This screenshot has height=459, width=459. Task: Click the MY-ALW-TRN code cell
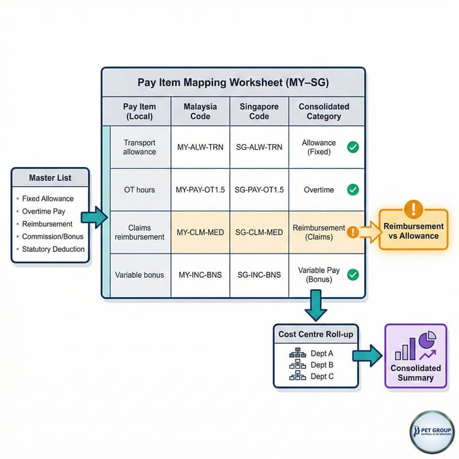(200, 147)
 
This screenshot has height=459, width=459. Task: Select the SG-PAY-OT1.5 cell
(259, 190)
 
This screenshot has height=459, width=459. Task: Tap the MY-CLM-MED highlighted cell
(200, 232)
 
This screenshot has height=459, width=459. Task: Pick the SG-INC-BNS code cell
(259, 275)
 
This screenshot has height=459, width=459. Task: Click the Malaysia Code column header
(200, 111)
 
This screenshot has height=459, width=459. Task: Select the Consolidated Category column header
(324, 111)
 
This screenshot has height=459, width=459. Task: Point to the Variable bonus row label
(139, 275)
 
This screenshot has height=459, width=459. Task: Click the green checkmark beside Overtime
(353, 190)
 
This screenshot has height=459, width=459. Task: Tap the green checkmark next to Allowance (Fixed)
(353, 147)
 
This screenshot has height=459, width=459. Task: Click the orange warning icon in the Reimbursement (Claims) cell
(353, 232)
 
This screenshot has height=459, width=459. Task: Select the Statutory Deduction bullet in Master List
(53, 249)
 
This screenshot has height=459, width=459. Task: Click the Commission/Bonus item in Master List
(53, 236)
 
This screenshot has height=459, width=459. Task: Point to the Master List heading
(50, 178)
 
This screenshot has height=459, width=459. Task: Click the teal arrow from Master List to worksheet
(94, 217)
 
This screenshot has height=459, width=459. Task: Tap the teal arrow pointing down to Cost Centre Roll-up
(316, 305)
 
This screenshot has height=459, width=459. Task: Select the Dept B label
(322, 365)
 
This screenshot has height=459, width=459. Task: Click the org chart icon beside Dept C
(297, 376)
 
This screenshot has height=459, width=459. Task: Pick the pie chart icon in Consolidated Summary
(427, 340)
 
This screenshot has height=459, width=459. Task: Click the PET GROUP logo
(432, 432)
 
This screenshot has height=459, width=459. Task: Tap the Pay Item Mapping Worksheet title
(234, 82)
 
